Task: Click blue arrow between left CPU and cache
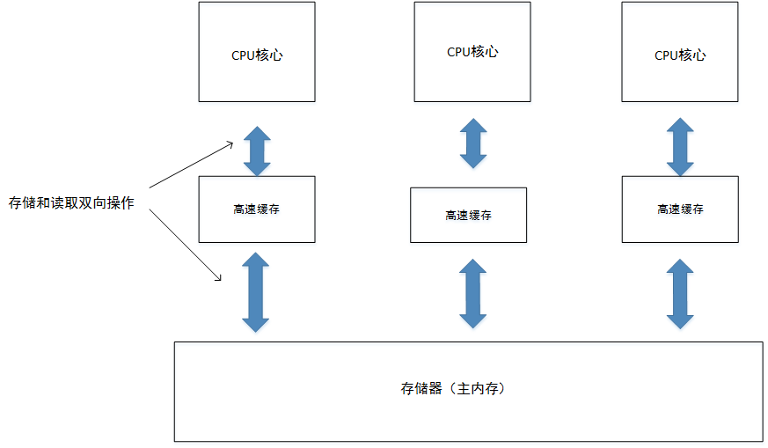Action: (x=257, y=151)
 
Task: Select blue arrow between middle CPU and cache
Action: (x=473, y=143)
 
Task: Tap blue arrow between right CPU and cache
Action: (x=680, y=147)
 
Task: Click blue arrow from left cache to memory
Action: (x=256, y=291)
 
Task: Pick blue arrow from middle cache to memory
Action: (x=473, y=293)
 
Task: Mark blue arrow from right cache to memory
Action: (x=680, y=293)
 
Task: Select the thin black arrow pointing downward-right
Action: (x=185, y=246)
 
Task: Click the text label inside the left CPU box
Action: (x=257, y=55)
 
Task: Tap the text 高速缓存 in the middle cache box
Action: (x=468, y=215)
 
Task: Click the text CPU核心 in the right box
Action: (x=680, y=55)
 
